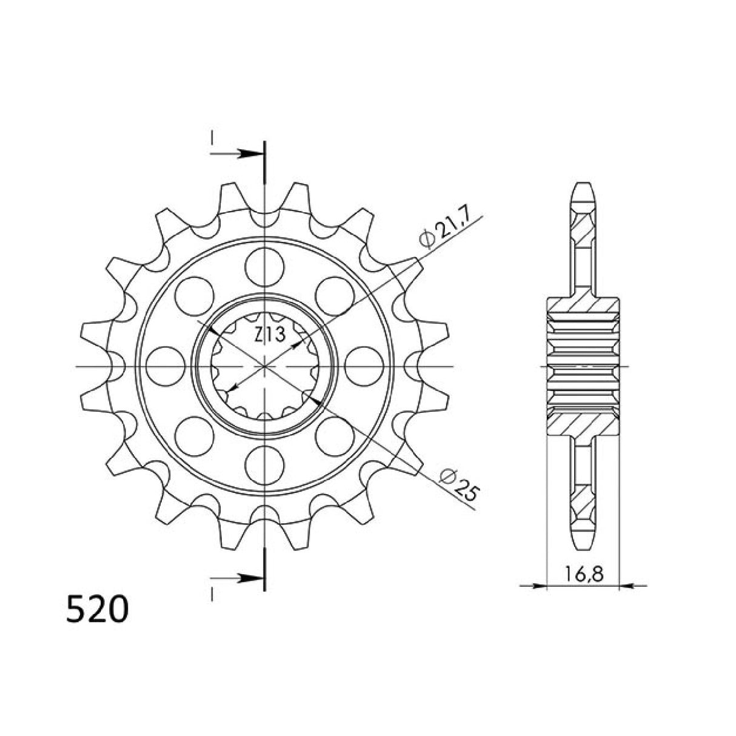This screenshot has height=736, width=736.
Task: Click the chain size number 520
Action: tap(97, 609)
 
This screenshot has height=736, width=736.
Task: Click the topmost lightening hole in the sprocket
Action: tap(265, 265)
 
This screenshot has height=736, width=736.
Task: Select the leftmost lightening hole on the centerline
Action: tap(165, 366)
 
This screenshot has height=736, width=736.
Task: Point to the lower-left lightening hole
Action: tap(194, 437)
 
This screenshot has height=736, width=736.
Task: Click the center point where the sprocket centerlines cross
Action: tap(265, 366)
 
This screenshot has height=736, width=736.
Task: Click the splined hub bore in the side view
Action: tap(583, 366)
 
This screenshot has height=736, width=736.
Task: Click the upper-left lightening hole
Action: tap(194, 295)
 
